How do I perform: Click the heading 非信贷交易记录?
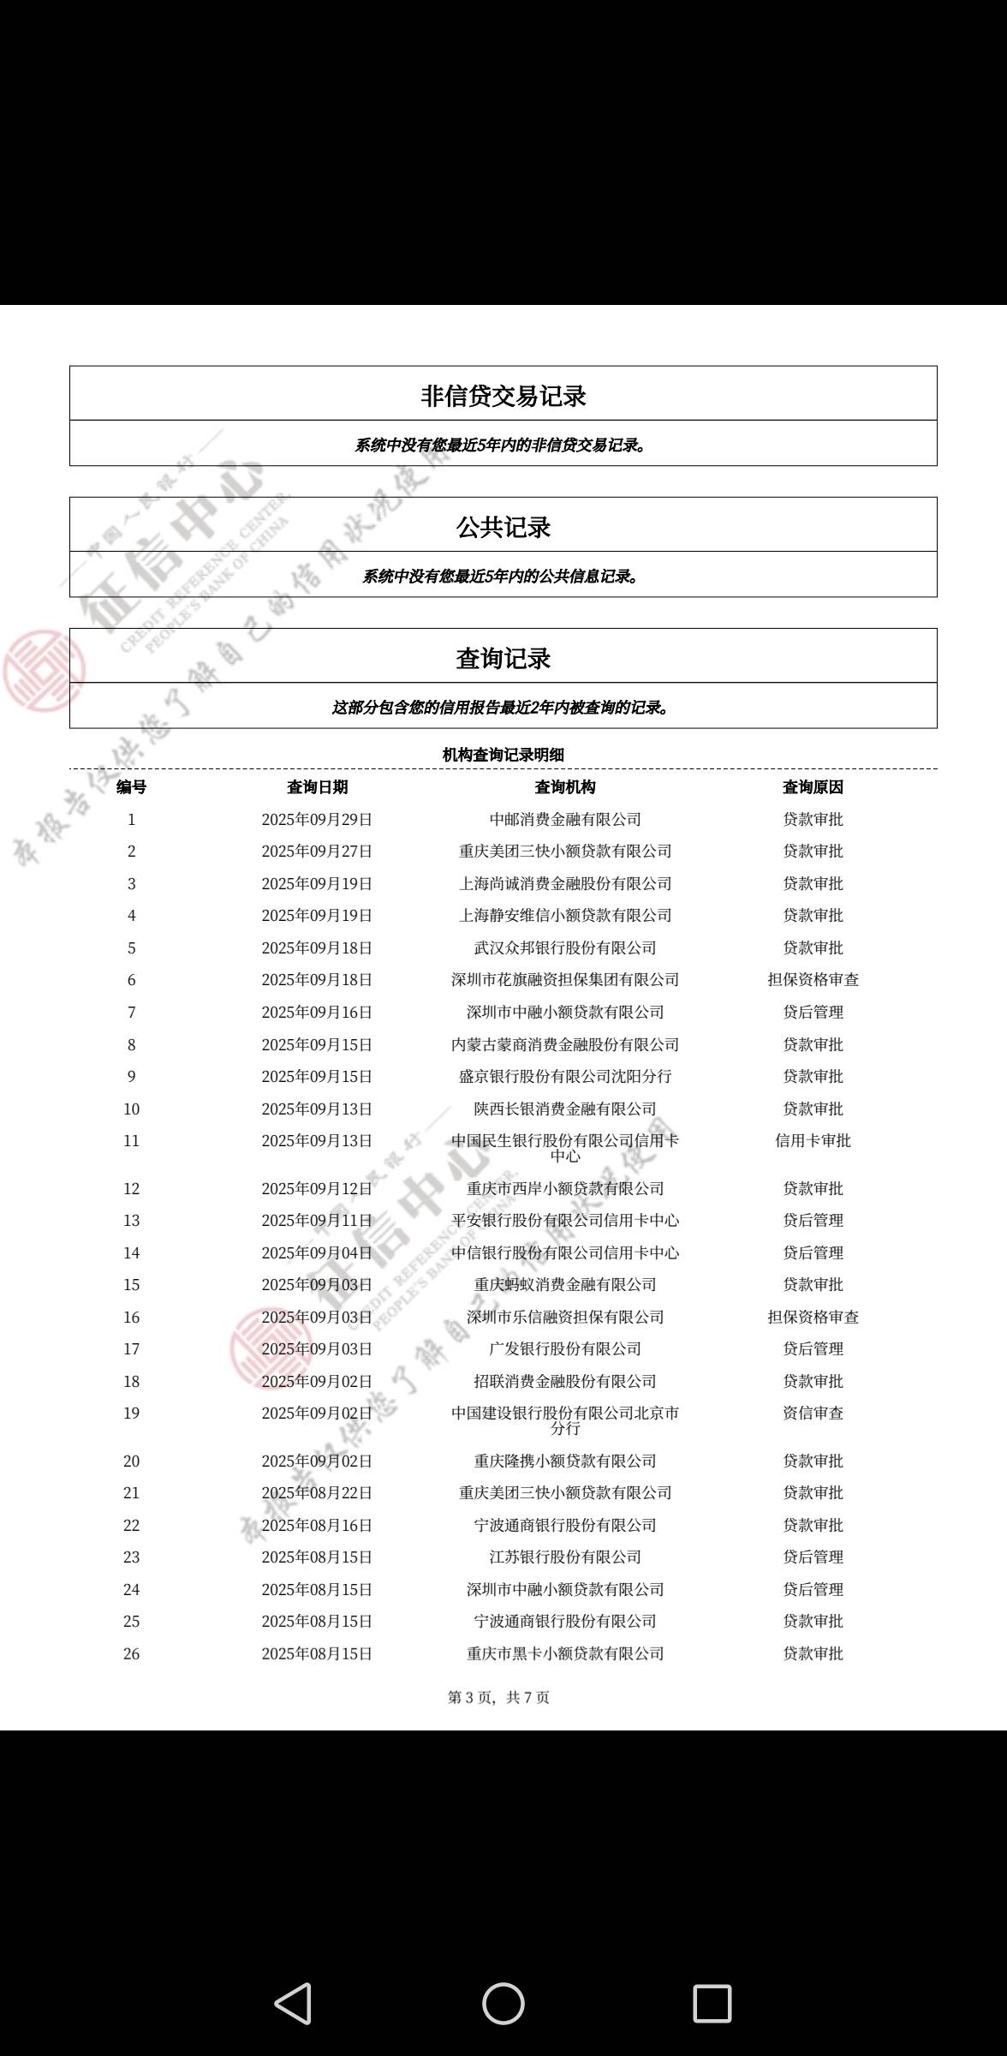tap(503, 396)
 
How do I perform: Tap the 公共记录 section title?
tap(503, 527)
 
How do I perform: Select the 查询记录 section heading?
tap(503, 658)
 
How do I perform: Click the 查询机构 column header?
tap(565, 787)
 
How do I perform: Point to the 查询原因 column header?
tap(813, 787)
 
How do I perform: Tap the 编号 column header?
tap(131, 787)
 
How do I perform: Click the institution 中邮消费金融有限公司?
tap(565, 820)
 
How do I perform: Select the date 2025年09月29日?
tap(317, 820)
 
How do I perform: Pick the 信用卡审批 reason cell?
tap(813, 1141)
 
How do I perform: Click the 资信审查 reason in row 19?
tap(813, 1413)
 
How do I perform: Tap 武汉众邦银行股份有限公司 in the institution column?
tap(565, 948)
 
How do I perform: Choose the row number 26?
tap(131, 1654)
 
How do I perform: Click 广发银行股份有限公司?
tap(565, 1349)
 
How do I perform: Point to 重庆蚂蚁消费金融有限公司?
tap(565, 1285)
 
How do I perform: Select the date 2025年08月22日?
tap(317, 1493)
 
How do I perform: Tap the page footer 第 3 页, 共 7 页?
tap(499, 1698)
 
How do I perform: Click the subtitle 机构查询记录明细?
tap(503, 755)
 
